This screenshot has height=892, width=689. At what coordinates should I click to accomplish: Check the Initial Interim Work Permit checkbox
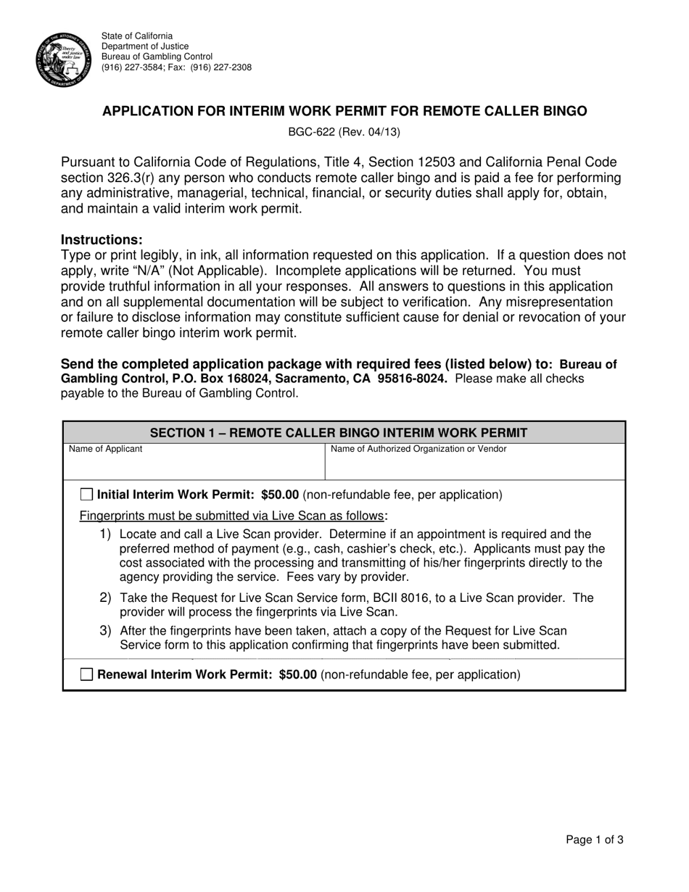[86, 495]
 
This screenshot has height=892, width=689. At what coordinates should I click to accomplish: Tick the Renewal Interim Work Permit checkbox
[86, 674]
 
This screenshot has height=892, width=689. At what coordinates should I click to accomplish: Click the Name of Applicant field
[194, 465]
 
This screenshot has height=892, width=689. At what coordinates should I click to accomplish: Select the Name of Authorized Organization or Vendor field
[474, 465]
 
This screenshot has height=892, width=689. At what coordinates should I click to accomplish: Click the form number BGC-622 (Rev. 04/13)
[344, 132]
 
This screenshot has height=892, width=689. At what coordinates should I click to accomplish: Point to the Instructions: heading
[102, 240]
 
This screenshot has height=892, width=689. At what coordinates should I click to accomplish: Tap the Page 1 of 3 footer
[594, 841]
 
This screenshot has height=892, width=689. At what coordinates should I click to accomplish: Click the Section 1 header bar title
[344, 433]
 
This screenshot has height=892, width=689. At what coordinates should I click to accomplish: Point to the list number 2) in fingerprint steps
[105, 598]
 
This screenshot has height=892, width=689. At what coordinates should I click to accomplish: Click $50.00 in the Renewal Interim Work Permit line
[297, 674]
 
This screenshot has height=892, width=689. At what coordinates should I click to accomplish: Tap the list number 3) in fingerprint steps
[105, 630]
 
